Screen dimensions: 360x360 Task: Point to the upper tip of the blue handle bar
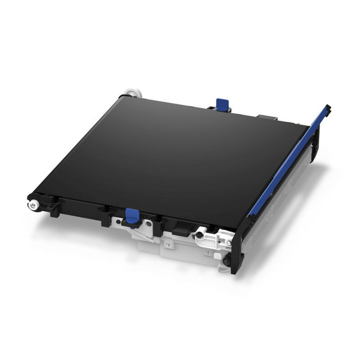click(327, 110)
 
